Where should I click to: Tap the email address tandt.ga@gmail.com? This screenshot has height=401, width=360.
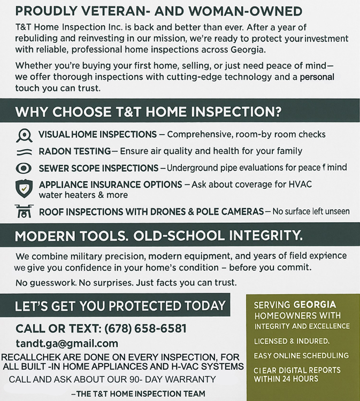point(67,344)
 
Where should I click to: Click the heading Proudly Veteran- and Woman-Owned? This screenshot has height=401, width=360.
point(159,11)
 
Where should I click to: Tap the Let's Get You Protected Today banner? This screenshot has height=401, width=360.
point(120,306)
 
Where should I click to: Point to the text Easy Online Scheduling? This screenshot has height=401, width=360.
point(301,356)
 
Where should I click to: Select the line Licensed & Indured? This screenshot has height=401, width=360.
point(292,341)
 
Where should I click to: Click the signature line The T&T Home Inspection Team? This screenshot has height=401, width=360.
point(138,394)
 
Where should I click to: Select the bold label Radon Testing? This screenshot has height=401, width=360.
point(75,151)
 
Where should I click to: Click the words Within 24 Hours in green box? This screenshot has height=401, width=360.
point(286,379)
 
